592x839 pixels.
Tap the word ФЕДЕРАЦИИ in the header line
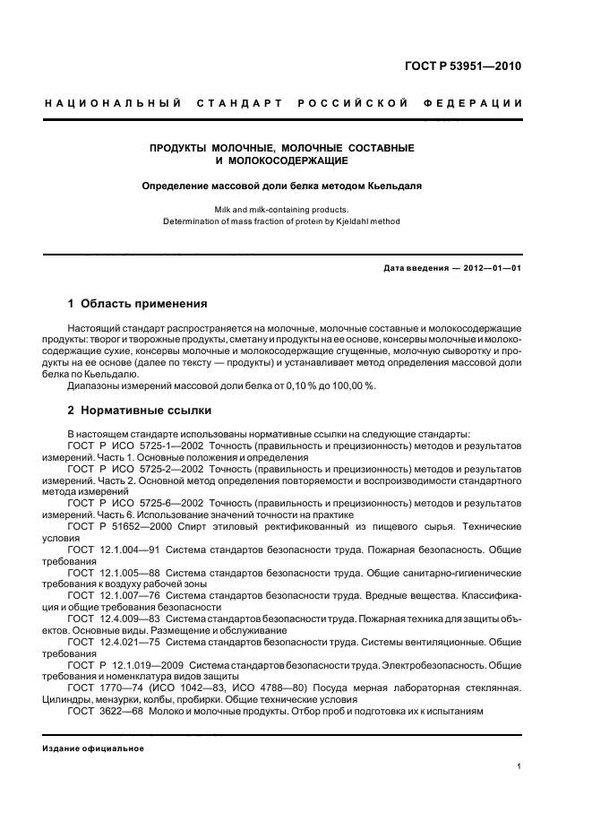point(484,104)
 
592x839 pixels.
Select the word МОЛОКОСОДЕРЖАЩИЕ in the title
point(281,161)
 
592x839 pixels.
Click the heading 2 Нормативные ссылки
point(140,411)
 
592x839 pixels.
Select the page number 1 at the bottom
point(519,767)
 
